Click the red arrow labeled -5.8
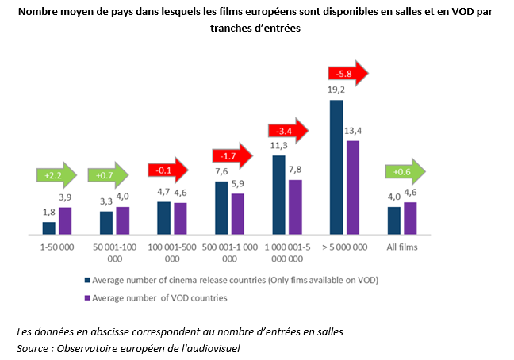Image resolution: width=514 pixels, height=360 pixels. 347,74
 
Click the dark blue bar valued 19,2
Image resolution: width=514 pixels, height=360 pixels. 337,167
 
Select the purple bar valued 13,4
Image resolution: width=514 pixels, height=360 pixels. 353,187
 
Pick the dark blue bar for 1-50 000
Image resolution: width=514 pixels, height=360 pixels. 49,228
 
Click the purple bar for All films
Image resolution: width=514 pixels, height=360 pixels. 410,218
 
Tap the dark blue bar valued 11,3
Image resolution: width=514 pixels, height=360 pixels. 279,194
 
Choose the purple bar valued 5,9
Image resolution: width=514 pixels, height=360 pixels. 237,214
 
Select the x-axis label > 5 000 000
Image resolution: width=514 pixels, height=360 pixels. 346,247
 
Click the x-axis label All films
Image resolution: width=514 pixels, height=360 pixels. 402,247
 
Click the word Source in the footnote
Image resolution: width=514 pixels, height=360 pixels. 34,347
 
